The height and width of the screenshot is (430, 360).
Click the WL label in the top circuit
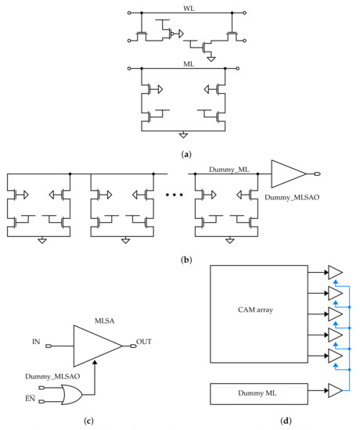click(188, 9)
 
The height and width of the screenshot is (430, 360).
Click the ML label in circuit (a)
click(189, 66)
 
